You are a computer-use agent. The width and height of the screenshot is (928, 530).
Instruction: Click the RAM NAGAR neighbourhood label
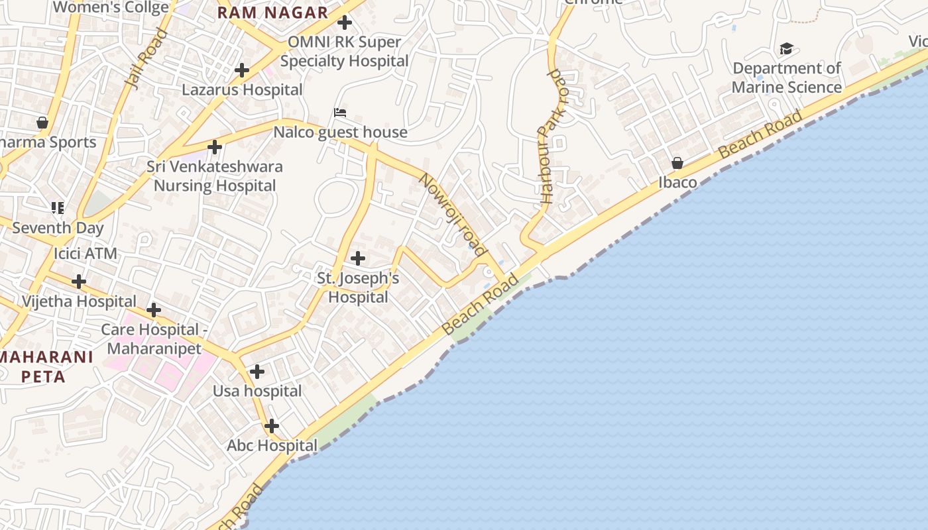(x=272, y=13)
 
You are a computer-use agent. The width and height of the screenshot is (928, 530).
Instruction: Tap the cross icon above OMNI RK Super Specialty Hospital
(x=345, y=23)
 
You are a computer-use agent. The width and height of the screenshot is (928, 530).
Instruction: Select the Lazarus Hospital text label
(x=242, y=89)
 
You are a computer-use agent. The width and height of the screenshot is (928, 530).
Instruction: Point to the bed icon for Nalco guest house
(x=340, y=113)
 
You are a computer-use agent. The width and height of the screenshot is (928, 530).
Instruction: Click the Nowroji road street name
(x=453, y=215)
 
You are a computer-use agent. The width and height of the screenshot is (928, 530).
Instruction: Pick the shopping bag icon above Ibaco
(x=677, y=163)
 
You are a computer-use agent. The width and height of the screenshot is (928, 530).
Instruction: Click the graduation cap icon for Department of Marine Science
(x=786, y=49)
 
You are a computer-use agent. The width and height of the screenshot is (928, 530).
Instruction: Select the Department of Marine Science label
(x=787, y=78)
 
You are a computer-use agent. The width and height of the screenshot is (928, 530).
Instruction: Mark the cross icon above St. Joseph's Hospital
(x=358, y=258)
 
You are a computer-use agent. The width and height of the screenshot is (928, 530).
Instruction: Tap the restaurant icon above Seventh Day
(x=58, y=208)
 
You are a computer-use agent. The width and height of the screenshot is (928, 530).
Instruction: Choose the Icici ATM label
(x=86, y=254)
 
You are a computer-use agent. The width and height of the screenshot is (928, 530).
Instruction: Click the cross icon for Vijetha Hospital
(x=79, y=282)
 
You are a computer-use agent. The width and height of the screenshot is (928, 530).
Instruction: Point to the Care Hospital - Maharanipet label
(x=150, y=339)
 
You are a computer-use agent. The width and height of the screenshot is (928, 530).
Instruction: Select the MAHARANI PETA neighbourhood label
(x=45, y=367)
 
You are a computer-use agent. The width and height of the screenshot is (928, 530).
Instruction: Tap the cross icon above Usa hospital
(x=257, y=372)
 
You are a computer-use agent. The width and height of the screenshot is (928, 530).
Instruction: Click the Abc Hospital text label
(x=272, y=446)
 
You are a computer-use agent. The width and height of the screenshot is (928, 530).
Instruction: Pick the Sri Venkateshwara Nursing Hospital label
(x=215, y=176)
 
